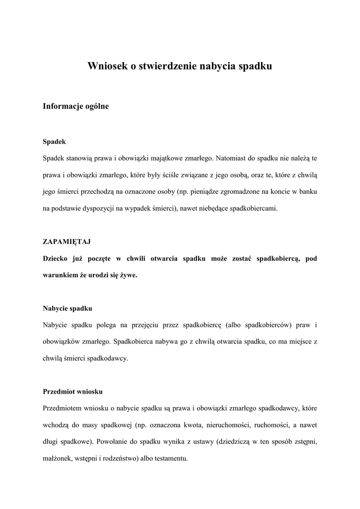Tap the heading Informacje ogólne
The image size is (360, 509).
[76, 106]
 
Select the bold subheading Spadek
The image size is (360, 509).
[54, 142]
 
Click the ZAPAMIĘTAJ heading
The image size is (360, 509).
[67, 242]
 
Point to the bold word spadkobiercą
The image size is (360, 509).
[276, 258]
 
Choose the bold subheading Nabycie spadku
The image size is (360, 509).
[67, 308]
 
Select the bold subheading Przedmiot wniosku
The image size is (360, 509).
[73, 391]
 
